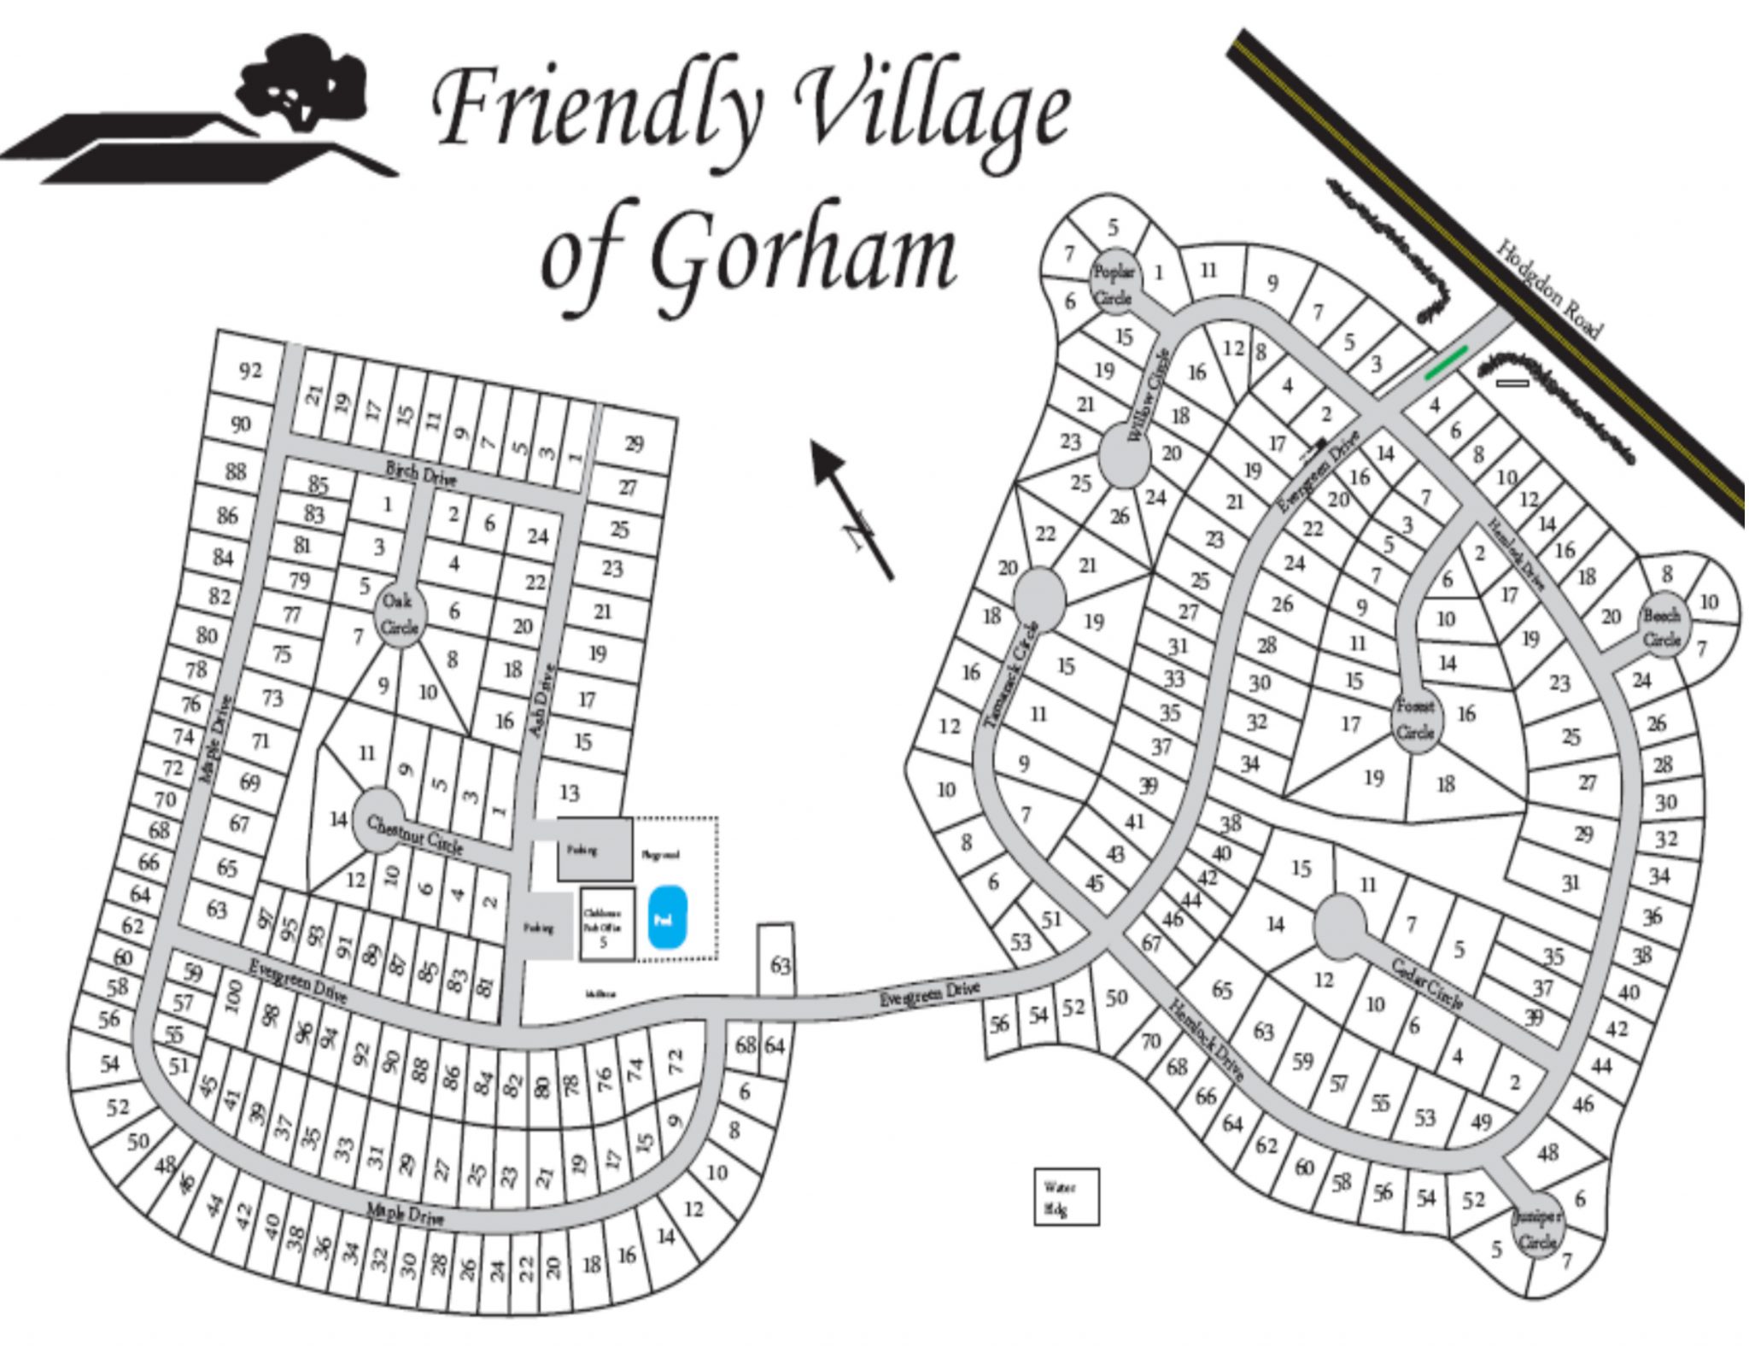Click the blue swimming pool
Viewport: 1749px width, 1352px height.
click(x=668, y=918)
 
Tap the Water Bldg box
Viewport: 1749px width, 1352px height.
click(x=1066, y=1197)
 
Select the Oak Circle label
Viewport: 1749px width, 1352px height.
click(x=399, y=613)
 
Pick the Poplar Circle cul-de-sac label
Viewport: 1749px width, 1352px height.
click(x=1114, y=284)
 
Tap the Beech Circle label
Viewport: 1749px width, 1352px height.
click(x=1661, y=627)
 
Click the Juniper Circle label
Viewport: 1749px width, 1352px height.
click(x=1537, y=1230)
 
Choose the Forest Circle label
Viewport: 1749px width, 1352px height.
click(x=1415, y=719)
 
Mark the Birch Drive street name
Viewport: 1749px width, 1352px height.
click(x=421, y=472)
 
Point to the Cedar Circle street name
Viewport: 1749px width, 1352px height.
click(x=1427, y=985)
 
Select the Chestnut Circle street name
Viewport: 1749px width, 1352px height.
click(x=415, y=835)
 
